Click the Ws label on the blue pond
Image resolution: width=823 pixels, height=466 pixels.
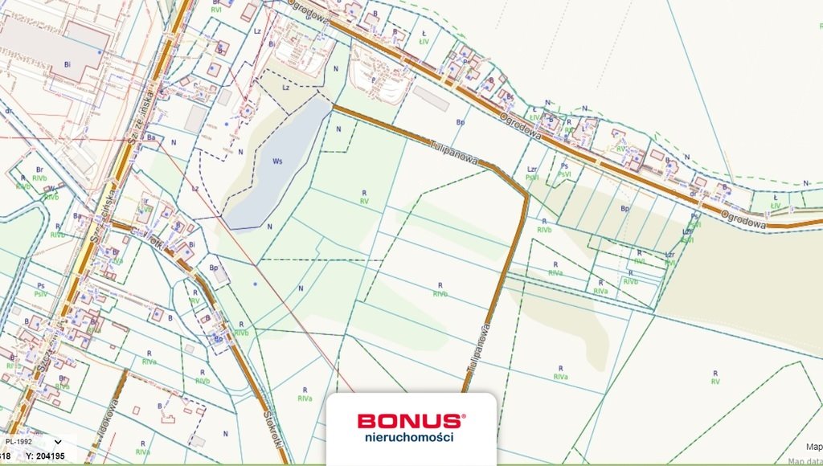tap(278, 161)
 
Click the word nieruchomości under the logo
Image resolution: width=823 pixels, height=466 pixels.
tap(409, 437)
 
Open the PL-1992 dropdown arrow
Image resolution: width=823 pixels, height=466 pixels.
tap(58, 441)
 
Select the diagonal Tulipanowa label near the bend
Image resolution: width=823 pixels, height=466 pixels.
tap(453, 151)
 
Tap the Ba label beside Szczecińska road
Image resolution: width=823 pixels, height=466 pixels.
tap(151, 137)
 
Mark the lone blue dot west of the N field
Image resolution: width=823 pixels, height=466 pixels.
tap(255, 284)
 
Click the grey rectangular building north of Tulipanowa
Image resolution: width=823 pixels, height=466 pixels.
tap(431, 99)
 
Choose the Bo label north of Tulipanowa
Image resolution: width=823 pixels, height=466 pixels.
tap(461, 123)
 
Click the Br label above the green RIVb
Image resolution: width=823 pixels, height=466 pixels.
tap(39, 170)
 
